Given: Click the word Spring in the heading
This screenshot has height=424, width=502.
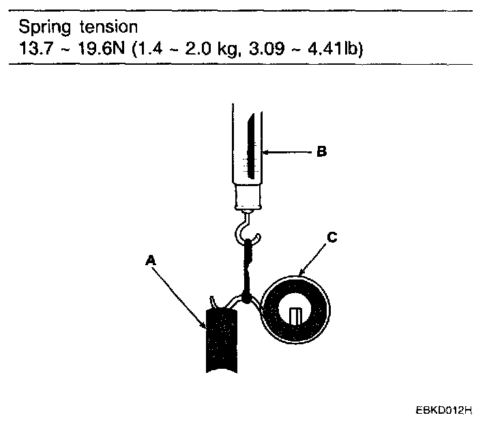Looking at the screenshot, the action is pyautogui.click(x=44, y=27).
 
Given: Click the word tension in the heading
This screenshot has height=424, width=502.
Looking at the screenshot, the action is pyautogui.click(x=108, y=27).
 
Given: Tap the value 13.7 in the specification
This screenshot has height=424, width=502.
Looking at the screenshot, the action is pyautogui.click(x=35, y=48).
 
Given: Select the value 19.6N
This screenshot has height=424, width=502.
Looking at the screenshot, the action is pyautogui.click(x=101, y=48).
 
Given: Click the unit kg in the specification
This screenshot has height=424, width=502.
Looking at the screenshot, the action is pyautogui.click(x=227, y=50).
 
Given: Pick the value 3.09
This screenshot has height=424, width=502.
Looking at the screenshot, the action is pyautogui.click(x=267, y=48).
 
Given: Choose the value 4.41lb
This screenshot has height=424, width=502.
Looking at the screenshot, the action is pyautogui.click(x=335, y=48).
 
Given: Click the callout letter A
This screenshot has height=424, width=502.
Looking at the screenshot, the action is pyautogui.click(x=151, y=260).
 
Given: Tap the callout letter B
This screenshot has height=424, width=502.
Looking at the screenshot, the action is pyautogui.click(x=322, y=151).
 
